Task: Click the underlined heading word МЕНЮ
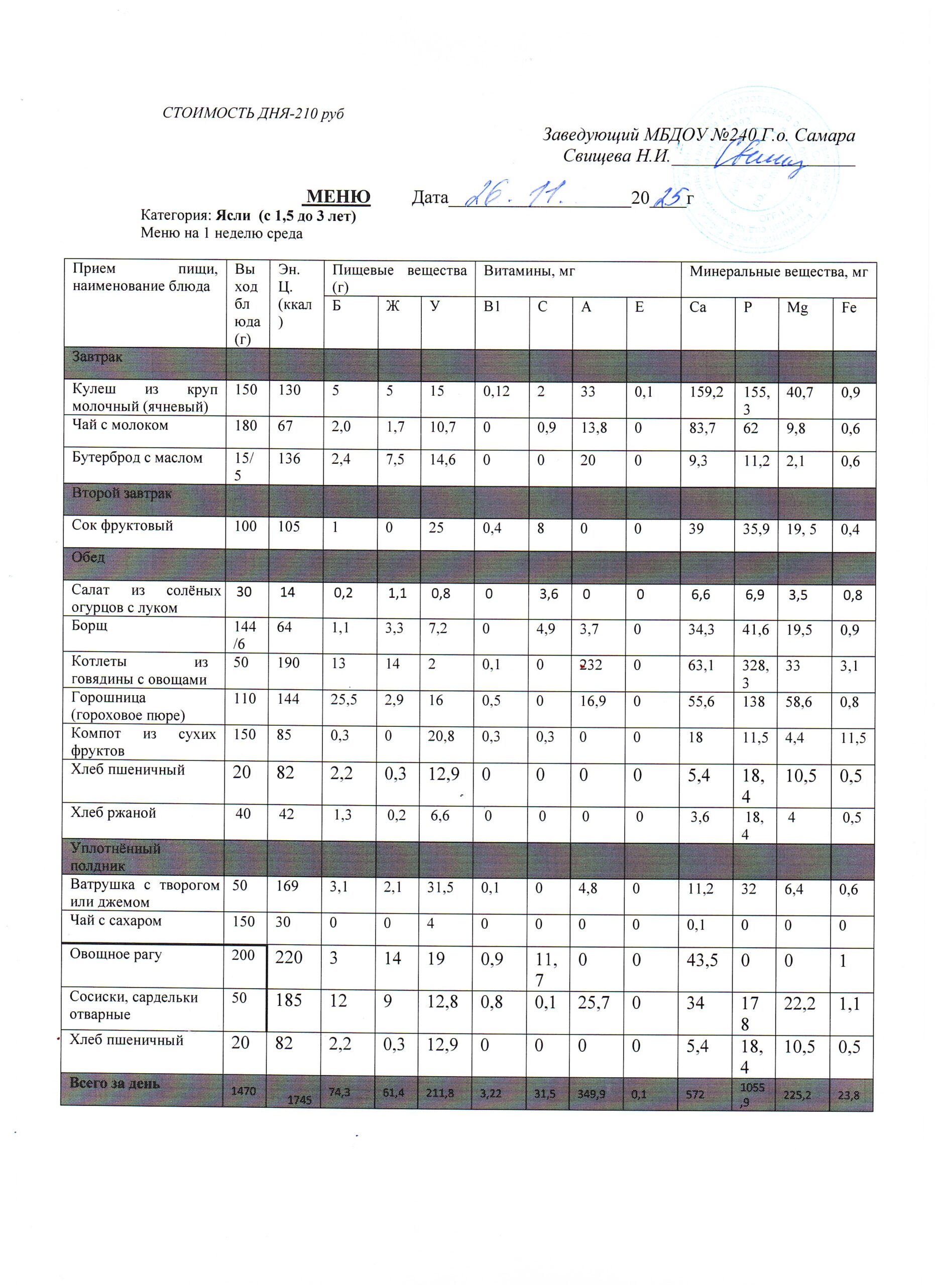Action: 338,196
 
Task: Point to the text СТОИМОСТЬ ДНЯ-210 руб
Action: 253,113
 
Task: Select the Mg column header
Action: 797,308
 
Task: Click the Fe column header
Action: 848,308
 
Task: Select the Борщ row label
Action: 89,625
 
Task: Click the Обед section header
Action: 88,557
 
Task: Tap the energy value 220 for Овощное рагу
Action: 289,958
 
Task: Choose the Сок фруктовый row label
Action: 122,525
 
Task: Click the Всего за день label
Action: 114,1083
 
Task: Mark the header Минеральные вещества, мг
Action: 778,272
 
